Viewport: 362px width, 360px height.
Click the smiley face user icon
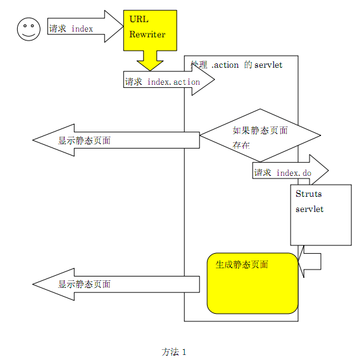click(x=27, y=29)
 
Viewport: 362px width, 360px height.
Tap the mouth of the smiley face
click(x=27, y=35)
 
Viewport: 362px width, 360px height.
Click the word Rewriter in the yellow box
click(x=147, y=34)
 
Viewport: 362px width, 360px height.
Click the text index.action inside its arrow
click(x=173, y=82)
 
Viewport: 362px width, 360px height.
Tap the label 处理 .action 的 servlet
click(x=236, y=65)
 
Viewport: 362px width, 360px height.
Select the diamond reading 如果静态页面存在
click(x=260, y=136)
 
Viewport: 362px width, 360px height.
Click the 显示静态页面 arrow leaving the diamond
click(x=114, y=140)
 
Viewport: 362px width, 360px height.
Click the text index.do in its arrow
click(x=294, y=173)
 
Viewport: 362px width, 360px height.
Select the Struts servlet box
click(x=320, y=214)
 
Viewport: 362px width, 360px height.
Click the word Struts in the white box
click(x=309, y=194)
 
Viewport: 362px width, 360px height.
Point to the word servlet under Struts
click(x=309, y=209)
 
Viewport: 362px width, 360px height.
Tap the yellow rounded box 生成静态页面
click(x=252, y=283)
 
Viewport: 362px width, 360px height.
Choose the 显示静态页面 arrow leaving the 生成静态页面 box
click(x=114, y=284)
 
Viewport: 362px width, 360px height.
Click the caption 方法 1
click(x=174, y=351)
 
